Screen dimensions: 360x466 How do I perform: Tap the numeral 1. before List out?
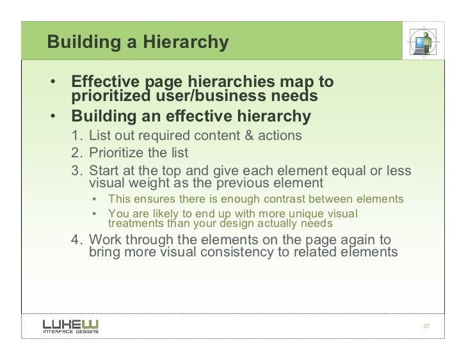(77, 136)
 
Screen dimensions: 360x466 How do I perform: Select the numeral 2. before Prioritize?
(77, 153)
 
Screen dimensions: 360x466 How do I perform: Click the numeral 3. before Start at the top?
(77, 171)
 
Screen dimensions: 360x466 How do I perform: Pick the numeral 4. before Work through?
(77, 240)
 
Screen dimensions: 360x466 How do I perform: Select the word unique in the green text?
(304, 214)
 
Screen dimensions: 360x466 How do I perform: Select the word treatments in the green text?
(136, 224)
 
